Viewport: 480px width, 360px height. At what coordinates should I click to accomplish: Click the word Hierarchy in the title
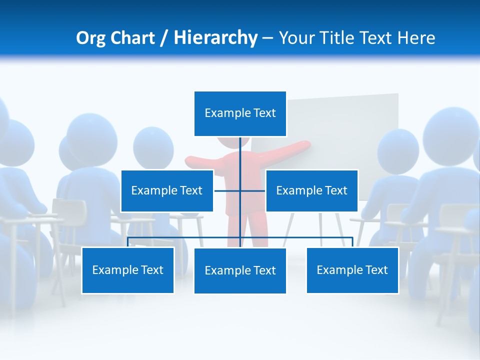pyautogui.click(x=215, y=38)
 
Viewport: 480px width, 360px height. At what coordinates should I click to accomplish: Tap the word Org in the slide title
pyautogui.click(x=91, y=38)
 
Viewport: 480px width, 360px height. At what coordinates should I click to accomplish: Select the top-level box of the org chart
pyautogui.click(x=240, y=113)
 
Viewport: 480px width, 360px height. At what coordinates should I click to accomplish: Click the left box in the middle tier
pyautogui.click(x=167, y=190)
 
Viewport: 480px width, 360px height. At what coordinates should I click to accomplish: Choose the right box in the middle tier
pyautogui.click(x=311, y=190)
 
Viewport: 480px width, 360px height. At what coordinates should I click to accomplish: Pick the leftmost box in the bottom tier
pyautogui.click(x=128, y=270)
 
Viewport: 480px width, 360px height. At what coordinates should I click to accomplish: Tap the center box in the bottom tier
pyautogui.click(x=240, y=270)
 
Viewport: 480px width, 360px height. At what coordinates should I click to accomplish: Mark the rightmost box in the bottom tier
pyautogui.click(x=352, y=270)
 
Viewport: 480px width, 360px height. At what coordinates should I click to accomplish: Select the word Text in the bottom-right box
pyautogui.click(x=376, y=270)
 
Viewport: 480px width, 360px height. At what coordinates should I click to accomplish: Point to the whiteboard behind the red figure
pyautogui.click(x=350, y=125)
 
